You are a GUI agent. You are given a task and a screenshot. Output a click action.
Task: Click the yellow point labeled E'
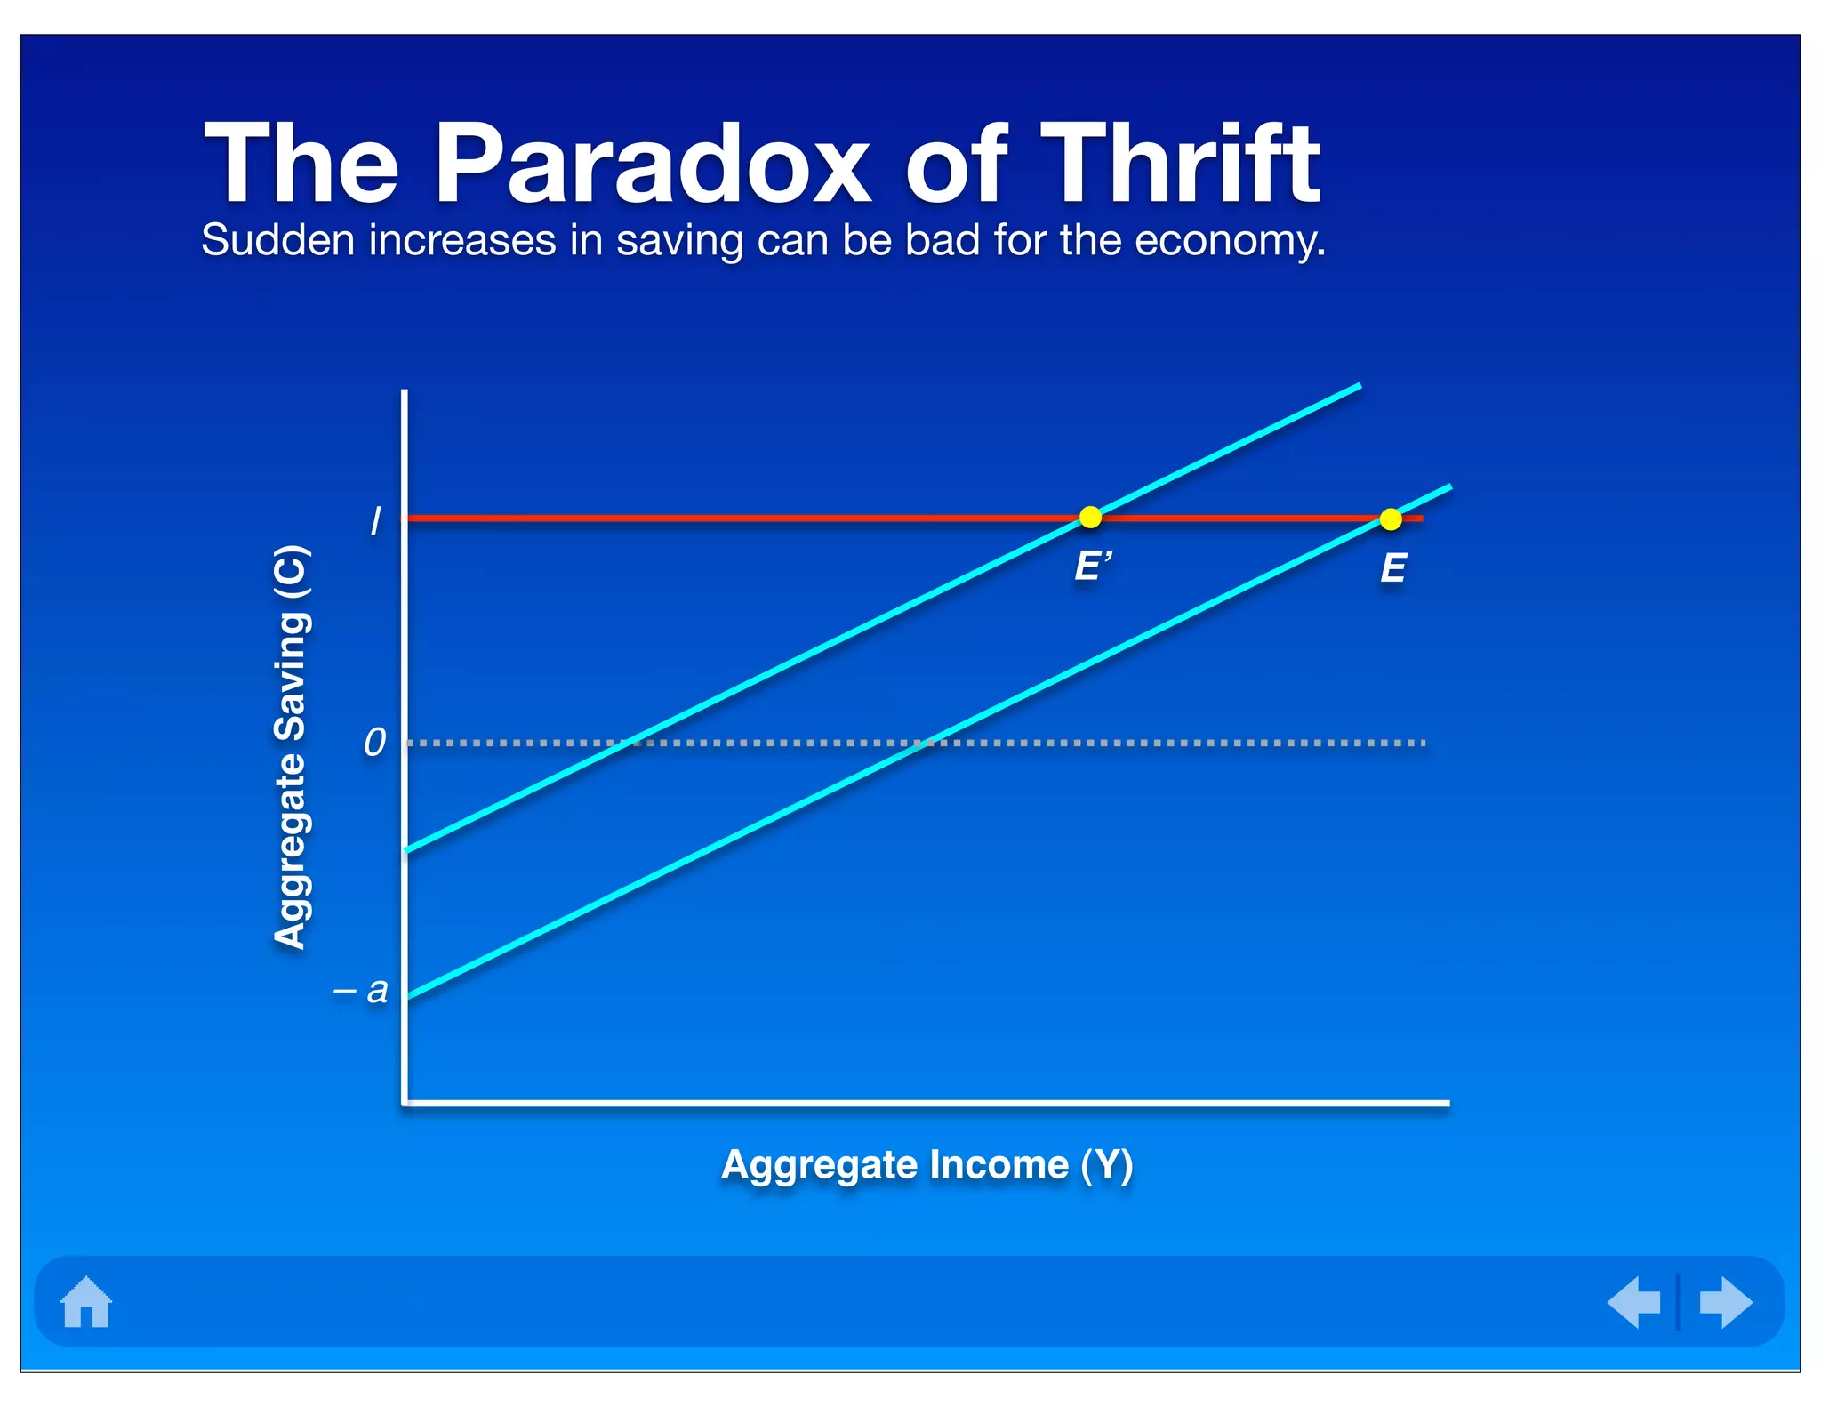click(1090, 517)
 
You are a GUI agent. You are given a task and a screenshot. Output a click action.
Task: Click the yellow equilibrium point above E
click(1391, 519)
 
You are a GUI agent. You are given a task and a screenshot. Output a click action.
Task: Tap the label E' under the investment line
click(1093, 567)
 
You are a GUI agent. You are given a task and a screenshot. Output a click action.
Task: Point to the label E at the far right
click(1392, 568)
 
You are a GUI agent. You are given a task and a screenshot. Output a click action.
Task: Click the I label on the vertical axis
click(375, 521)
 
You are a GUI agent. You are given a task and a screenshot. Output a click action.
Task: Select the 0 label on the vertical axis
click(375, 742)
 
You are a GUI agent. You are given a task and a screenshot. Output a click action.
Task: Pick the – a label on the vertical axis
click(362, 989)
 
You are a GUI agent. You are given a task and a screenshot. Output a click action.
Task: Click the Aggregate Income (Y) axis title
click(927, 1164)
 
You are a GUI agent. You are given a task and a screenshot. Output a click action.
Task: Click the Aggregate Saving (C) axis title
click(291, 747)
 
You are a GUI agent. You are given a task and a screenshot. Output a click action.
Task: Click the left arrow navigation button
click(1634, 1302)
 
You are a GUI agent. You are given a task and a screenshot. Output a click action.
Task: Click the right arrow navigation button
click(1725, 1302)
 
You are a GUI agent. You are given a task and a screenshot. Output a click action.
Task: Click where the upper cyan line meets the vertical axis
click(407, 850)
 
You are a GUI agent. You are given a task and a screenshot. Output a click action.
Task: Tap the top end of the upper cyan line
click(1358, 386)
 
